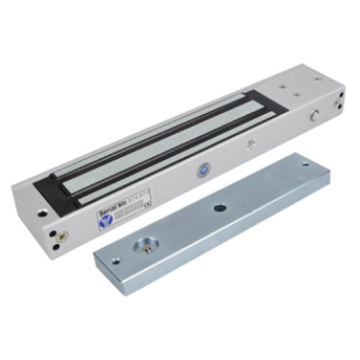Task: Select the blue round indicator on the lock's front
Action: [203, 168]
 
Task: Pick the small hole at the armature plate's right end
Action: [306, 164]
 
